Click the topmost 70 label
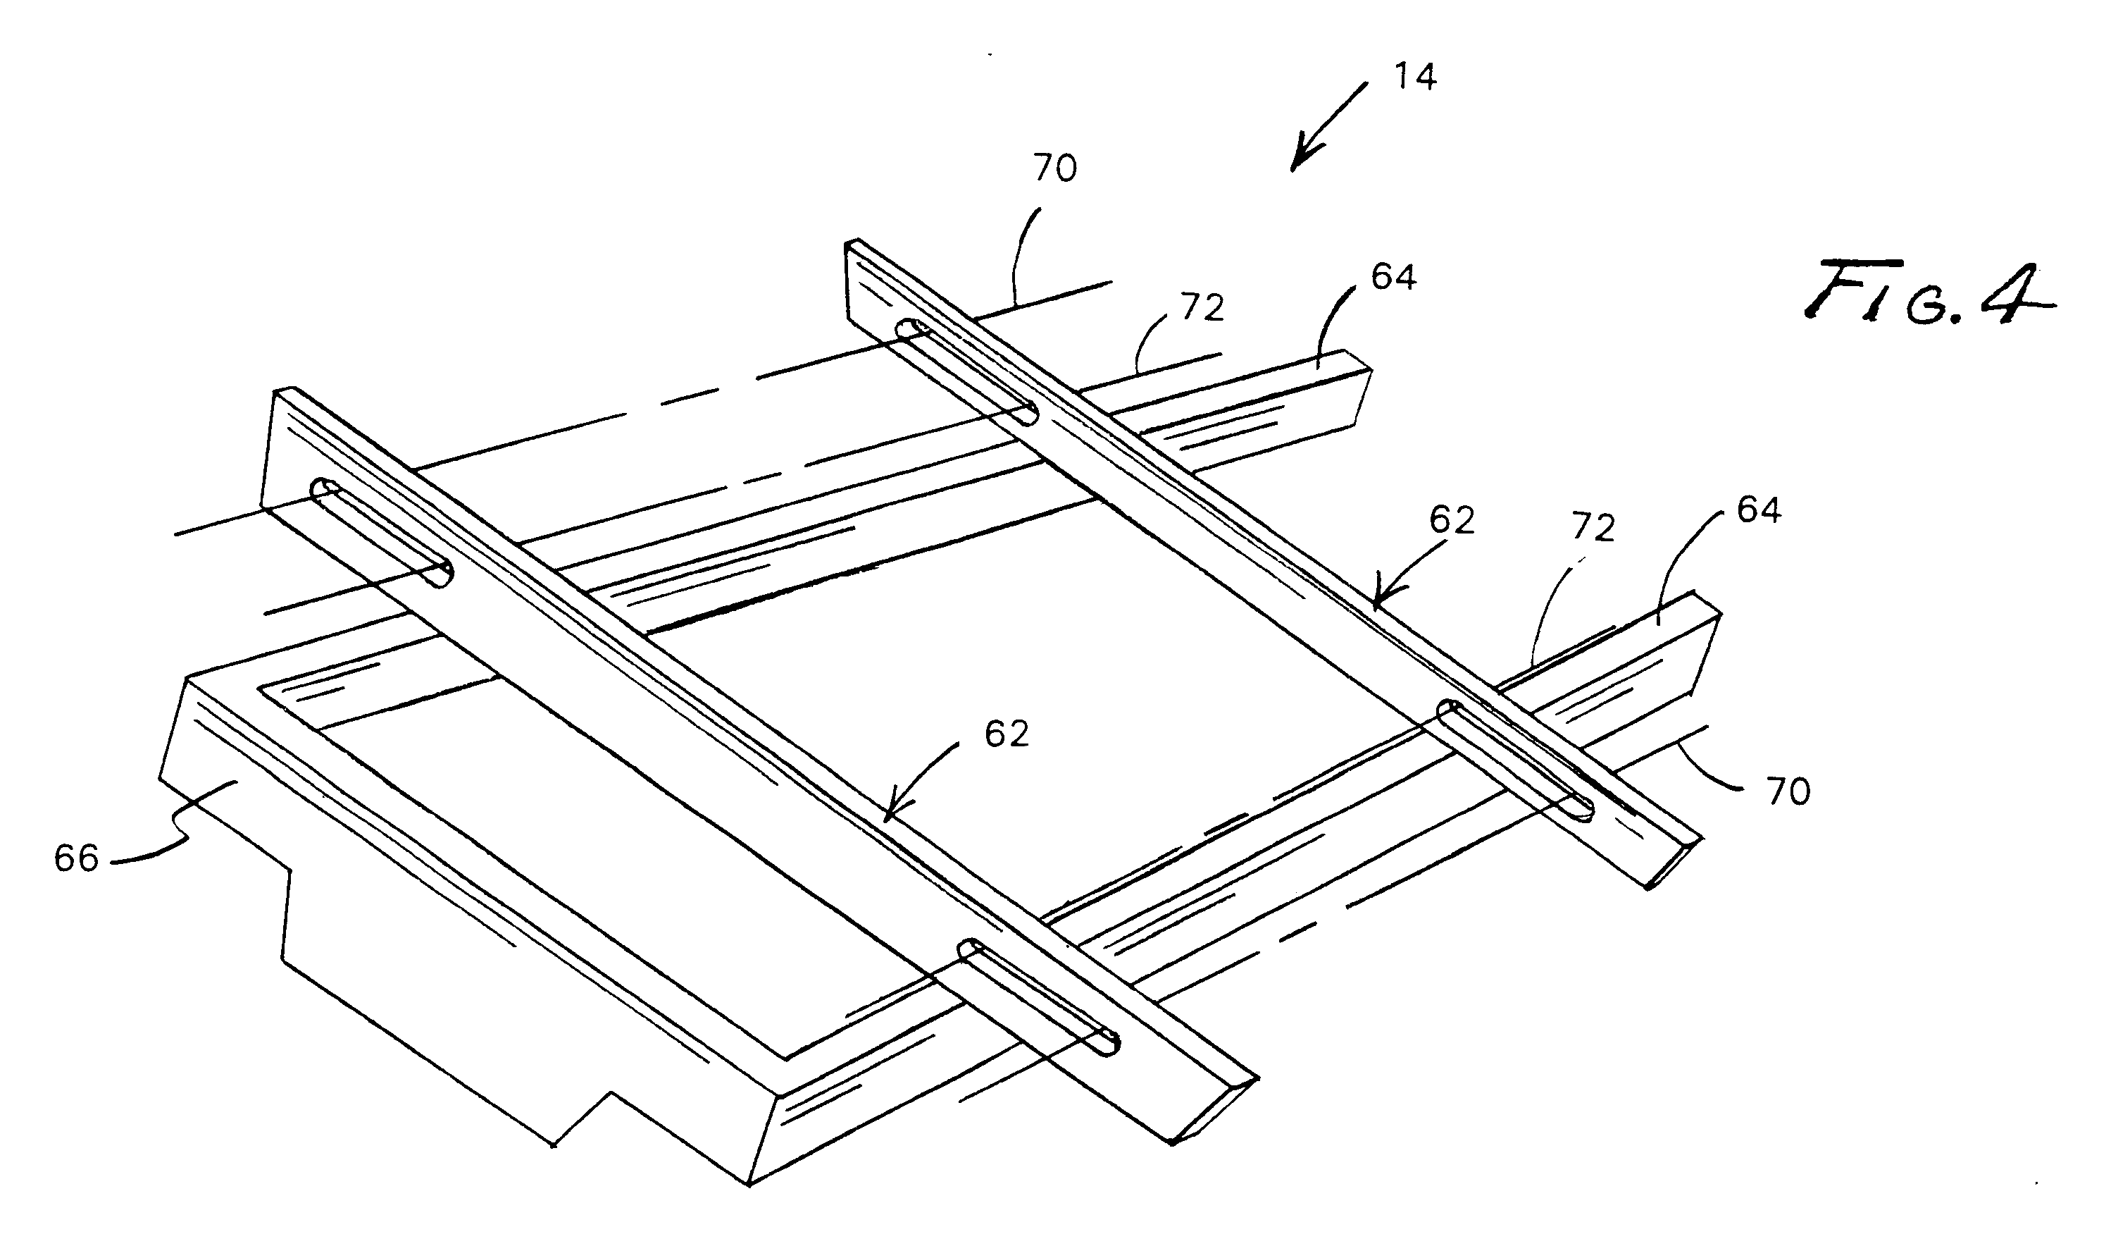(1055, 169)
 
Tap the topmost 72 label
(1202, 309)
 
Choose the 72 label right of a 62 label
(1593, 528)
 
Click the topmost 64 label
(1393, 276)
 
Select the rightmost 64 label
(1758, 510)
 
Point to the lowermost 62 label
(1006, 734)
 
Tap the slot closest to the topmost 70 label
(966, 370)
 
